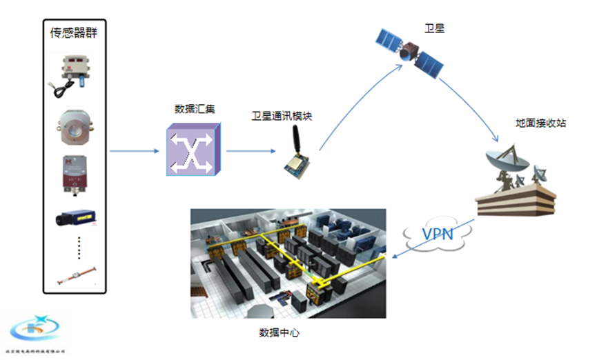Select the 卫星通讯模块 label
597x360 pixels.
pyautogui.click(x=282, y=116)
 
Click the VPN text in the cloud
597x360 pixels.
pyautogui.click(x=437, y=234)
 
